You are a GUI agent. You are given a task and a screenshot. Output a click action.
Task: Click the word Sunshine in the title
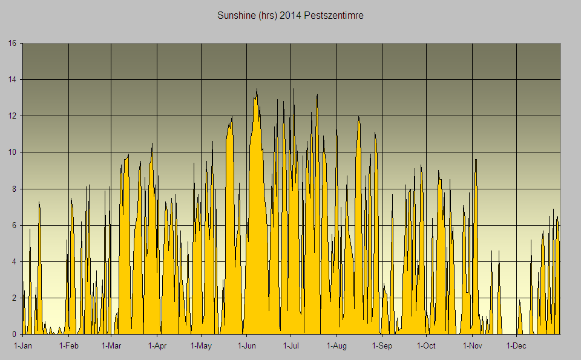[x=236, y=15]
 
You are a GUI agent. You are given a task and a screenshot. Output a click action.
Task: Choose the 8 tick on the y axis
[x=15, y=189]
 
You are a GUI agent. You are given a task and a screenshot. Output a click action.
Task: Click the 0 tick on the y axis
[x=15, y=334]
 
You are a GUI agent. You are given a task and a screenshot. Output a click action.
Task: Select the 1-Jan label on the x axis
[x=23, y=346]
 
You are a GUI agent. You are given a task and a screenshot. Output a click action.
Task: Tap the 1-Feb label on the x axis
[x=68, y=346]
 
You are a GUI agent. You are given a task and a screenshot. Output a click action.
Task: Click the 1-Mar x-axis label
[x=111, y=346]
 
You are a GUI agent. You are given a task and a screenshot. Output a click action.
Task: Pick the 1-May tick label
[x=201, y=346]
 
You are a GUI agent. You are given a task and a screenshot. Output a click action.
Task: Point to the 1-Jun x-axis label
[x=247, y=346]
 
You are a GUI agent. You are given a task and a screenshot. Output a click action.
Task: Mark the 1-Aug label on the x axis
[x=336, y=346]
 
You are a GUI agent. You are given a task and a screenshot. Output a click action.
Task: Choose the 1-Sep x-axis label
[x=382, y=346]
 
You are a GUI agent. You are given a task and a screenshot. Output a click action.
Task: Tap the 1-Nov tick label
[x=472, y=346]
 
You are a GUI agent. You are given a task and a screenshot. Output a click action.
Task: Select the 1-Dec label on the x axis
[x=516, y=346]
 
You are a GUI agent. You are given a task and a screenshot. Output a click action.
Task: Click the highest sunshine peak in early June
[x=257, y=89]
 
